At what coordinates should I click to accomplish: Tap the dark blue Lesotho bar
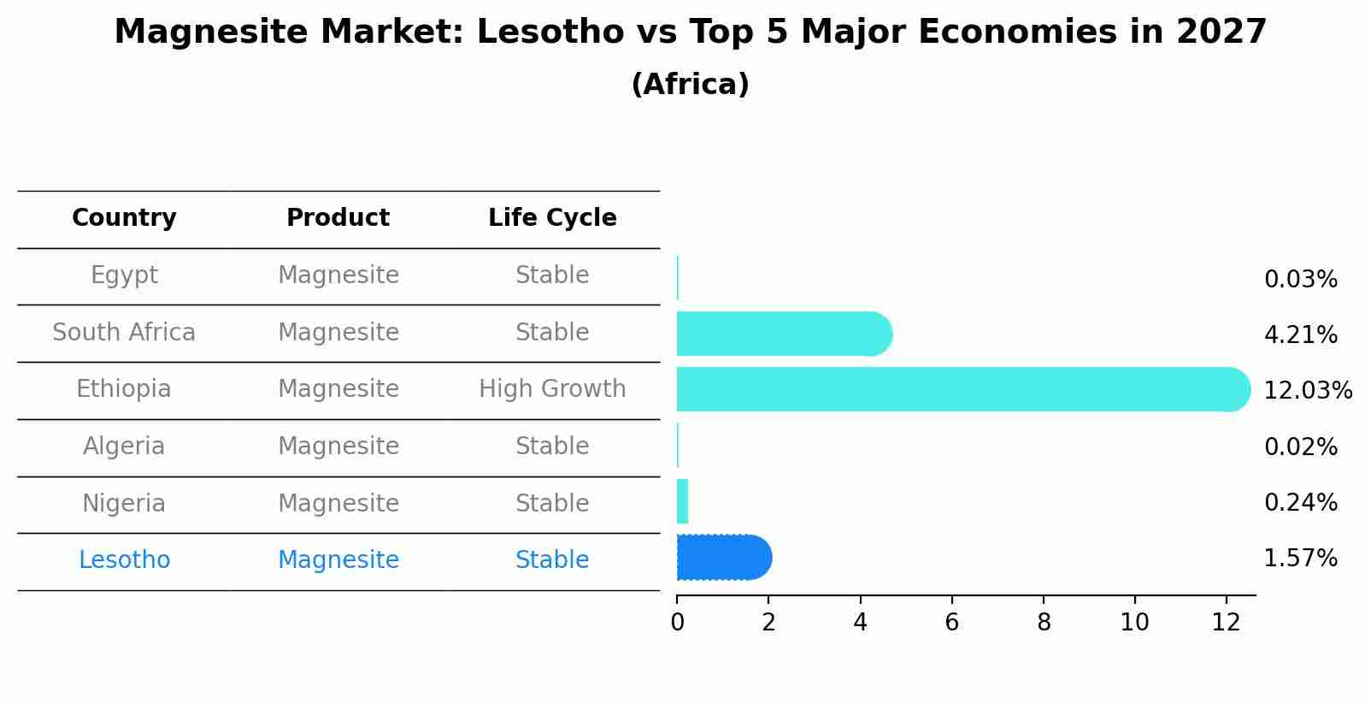[723, 558]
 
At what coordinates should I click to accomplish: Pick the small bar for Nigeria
[682, 501]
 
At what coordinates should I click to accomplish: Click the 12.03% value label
[1307, 391]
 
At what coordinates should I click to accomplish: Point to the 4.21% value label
[1300, 335]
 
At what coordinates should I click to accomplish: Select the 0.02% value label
[1300, 447]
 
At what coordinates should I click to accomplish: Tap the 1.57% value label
[1300, 559]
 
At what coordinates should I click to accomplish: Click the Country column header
[124, 218]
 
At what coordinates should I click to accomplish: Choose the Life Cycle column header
[552, 218]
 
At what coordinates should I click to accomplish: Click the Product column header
[338, 218]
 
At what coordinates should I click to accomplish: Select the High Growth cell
[552, 389]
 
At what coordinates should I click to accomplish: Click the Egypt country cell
[124, 275]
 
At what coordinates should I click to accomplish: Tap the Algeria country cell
[124, 447]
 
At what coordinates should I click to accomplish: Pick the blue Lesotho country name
[124, 560]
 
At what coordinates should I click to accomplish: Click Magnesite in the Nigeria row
[338, 503]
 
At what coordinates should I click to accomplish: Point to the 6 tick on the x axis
[951, 622]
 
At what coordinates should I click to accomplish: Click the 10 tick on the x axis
[1134, 622]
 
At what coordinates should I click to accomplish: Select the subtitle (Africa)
[690, 85]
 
